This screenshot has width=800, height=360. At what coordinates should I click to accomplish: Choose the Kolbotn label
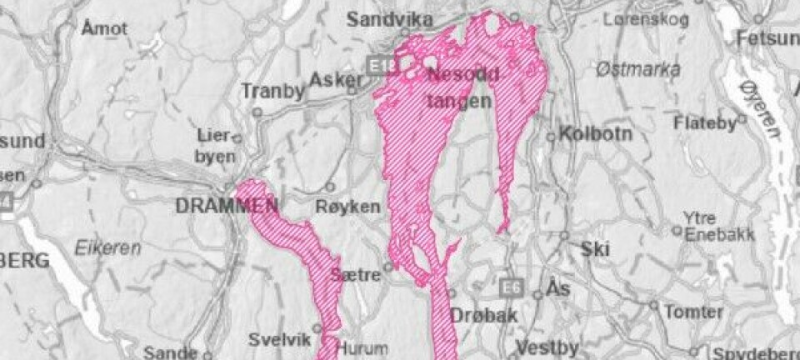click(x=592, y=133)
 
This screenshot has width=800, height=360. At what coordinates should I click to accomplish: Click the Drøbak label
click(x=484, y=316)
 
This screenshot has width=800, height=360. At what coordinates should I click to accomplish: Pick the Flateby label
click(x=705, y=123)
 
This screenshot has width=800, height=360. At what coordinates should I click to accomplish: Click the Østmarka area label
click(x=638, y=70)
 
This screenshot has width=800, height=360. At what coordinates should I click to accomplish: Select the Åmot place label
click(x=105, y=28)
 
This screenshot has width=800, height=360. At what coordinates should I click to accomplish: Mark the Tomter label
click(x=694, y=312)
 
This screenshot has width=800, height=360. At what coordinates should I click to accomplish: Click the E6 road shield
click(x=511, y=287)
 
